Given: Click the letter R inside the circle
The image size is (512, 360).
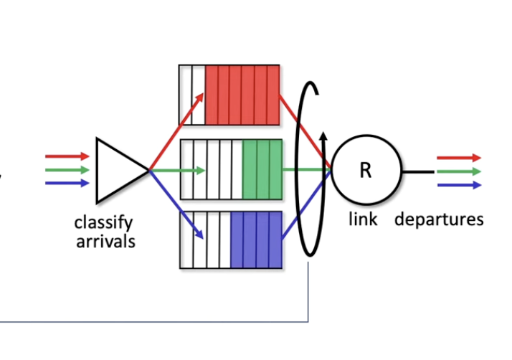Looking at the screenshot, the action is tap(366, 170).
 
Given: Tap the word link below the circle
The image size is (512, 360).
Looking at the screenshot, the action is tap(363, 219).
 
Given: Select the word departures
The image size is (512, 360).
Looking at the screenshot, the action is tap(439, 219).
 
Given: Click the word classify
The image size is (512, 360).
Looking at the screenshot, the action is tap(103, 224).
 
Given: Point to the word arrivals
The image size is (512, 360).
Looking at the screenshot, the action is tap(105, 242).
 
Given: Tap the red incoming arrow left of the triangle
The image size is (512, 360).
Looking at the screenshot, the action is tap(67, 156).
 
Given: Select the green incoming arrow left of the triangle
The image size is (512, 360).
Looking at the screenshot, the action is tap(67, 170).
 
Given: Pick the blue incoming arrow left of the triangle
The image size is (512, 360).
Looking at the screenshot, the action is tap(67, 183).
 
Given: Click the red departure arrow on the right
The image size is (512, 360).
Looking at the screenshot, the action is tap(459, 158).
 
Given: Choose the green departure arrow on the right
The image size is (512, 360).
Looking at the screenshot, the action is tap(459, 171).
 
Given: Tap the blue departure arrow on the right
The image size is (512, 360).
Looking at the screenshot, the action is tap(459, 185).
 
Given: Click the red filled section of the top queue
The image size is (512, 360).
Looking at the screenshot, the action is tap(242, 95).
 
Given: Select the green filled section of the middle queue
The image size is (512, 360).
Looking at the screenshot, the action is tap(262, 169).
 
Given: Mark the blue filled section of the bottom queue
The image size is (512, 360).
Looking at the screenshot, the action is tap(256, 240).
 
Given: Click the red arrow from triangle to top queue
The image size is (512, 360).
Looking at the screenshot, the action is tap(176, 131).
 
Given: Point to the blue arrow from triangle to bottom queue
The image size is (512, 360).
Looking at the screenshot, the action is tap(176, 204).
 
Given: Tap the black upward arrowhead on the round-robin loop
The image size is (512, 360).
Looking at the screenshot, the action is tap(323, 136).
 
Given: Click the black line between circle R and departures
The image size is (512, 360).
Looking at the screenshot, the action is tap(418, 171).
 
